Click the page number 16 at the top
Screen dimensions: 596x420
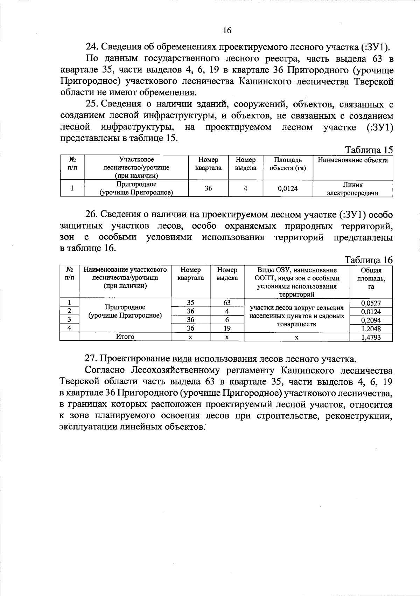pyautogui.click(x=227, y=30)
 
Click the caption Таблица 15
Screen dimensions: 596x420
pyautogui.click(x=369, y=150)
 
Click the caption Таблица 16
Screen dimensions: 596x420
pyautogui.click(x=369, y=260)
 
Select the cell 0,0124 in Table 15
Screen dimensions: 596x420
pyautogui.click(x=288, y=188)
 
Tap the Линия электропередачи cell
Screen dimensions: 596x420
pyautogui.click(x=352, y=189)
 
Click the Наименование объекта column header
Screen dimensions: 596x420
pyautogui.click(x=352, y=160)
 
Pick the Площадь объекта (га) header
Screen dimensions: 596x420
pyautogui.click(x=288, y=164)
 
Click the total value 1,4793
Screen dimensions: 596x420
pyautogui.click(x=371, y=337)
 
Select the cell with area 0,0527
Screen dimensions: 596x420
pyautogui.click(x=371, y=303)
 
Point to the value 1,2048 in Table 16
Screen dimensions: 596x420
pyautogui.click(x=371, y=329)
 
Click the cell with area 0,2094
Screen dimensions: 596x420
pyautogui.click(x=371, y=320)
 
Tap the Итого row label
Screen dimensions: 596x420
pyautogui.click(x=125, y=337)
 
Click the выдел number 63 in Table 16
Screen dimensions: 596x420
pyautogui.click(x=227, y=303)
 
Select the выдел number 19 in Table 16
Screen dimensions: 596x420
pyautogui.click(x=227, y=328)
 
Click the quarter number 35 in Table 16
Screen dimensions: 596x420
pyautogui.click(x=190, y=303)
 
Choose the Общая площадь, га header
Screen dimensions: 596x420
pyautogui.click(x=371, y=278)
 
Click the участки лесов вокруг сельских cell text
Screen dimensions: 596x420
pyautogui.click(x=296, y=309)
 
